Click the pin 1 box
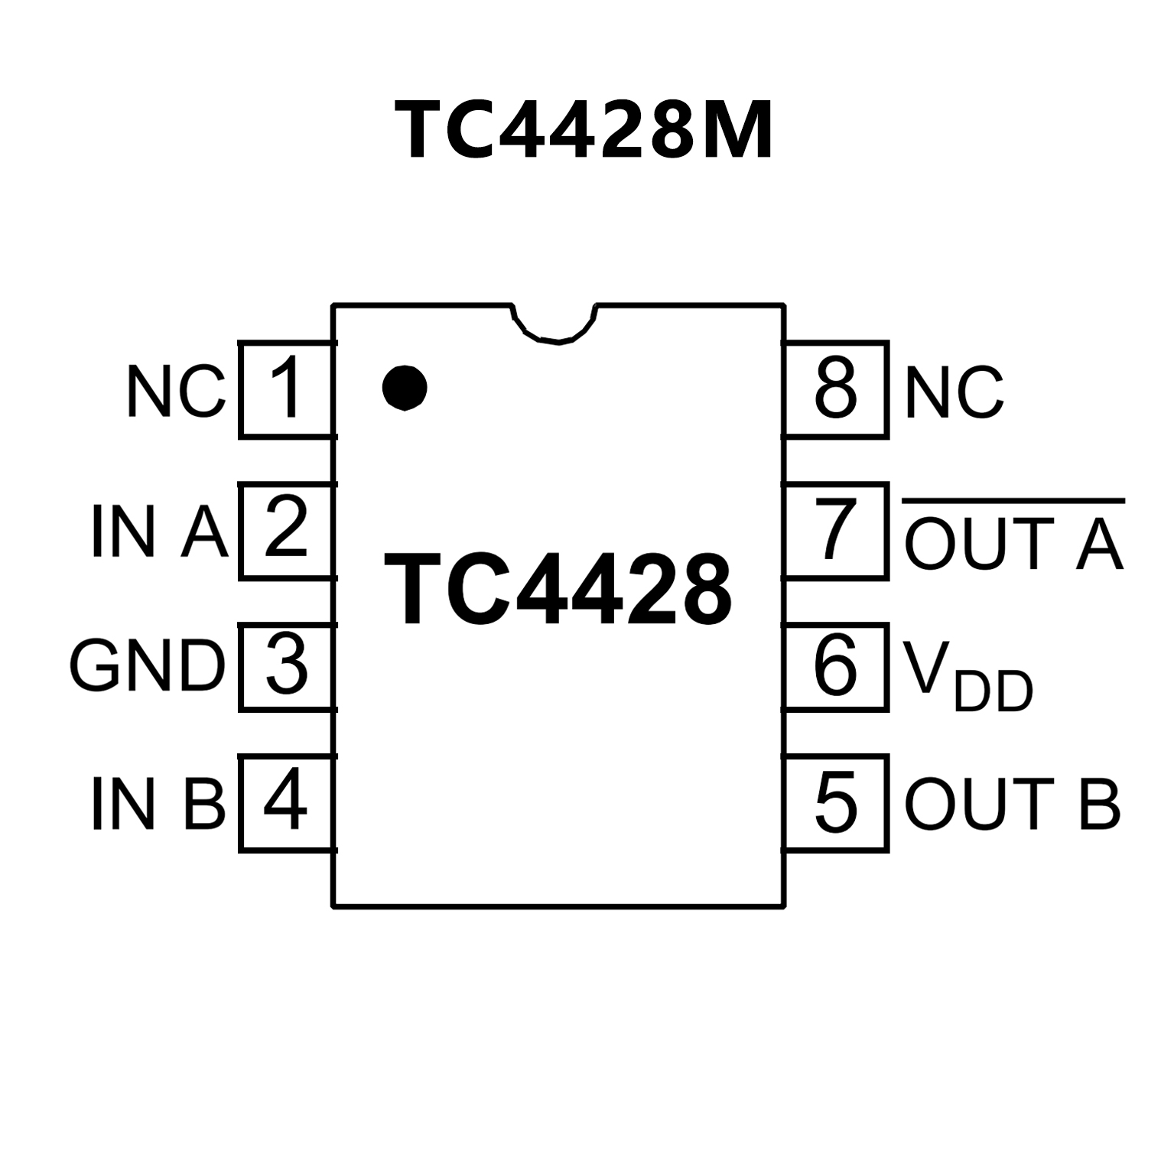(286, 390)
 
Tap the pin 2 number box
(286, 529)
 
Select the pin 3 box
(286, 666)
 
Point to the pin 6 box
(835, 666)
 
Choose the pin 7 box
(835, 529)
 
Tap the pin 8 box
(835, 390)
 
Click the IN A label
(159, 531)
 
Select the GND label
(148, 666)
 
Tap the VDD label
(967, 676)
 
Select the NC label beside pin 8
(953, 392)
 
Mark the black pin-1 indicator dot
(404, 387)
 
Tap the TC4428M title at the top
(584, 131)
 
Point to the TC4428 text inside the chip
(557, 589)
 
